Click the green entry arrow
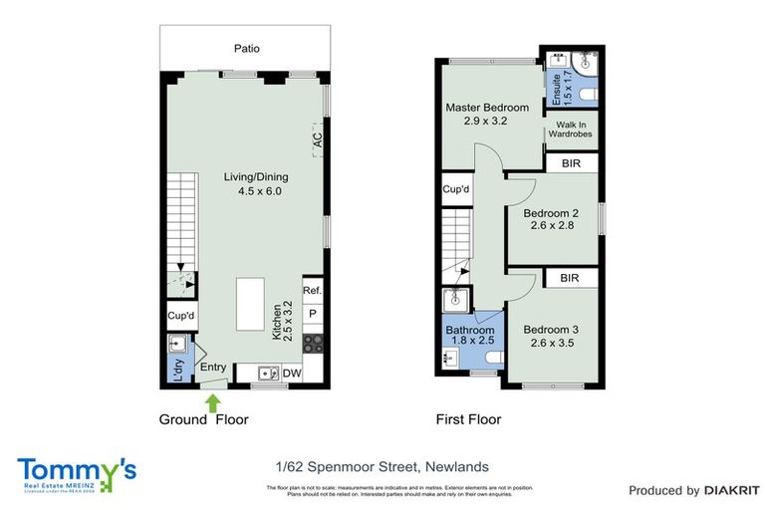pos(212,400)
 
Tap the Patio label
pos(247,48)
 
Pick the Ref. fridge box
pos(312,291)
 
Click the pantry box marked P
pos(312,314)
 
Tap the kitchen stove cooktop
pos(313,344)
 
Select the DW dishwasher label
pos(292,374)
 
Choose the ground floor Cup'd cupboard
pos(181,317)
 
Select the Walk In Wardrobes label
pos(571,130)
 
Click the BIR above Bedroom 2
pos(571,163)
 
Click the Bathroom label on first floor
pos(469,330)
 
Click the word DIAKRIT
pos(731,490)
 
